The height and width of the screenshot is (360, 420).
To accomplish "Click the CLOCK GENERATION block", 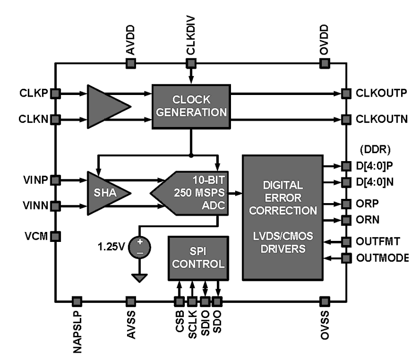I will tap(191, 106).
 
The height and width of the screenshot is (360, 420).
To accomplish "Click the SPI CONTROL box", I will tap(198, 258).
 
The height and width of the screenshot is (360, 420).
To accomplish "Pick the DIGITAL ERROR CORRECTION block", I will tap(282, 217).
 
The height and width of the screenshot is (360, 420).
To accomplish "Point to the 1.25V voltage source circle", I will tap(140, 246).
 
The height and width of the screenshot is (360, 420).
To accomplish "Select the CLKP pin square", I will tap(55, 93).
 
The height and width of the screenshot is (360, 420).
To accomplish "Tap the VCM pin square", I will tap(55, 236).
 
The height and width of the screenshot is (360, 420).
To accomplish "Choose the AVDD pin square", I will tap(131, 63).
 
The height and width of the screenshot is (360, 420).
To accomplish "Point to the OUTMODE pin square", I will tap(345, 258).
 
